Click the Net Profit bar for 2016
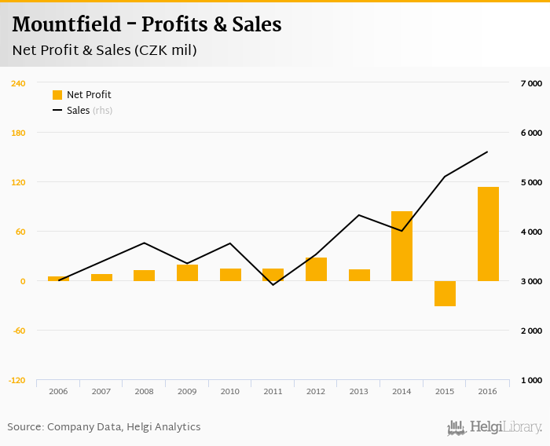(488, 234)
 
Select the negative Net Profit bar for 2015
(445, 294)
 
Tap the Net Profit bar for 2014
(401, 246)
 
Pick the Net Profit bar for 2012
(316, 269)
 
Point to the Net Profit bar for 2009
(187, 272)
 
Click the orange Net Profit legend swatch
(57, 95)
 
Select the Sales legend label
(78, 111)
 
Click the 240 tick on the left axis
(18, 83)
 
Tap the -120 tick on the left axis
(17, 380)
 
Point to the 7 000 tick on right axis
(531, 83)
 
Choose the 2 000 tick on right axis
(531, 331)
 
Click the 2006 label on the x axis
(58, 391)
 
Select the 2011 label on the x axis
(273, 391)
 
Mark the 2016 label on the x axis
(487, 391)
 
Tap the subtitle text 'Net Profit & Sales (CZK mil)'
(104, 50)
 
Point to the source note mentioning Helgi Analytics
(104, 427)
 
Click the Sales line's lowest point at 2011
(273, 284)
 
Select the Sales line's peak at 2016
(488, 152)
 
